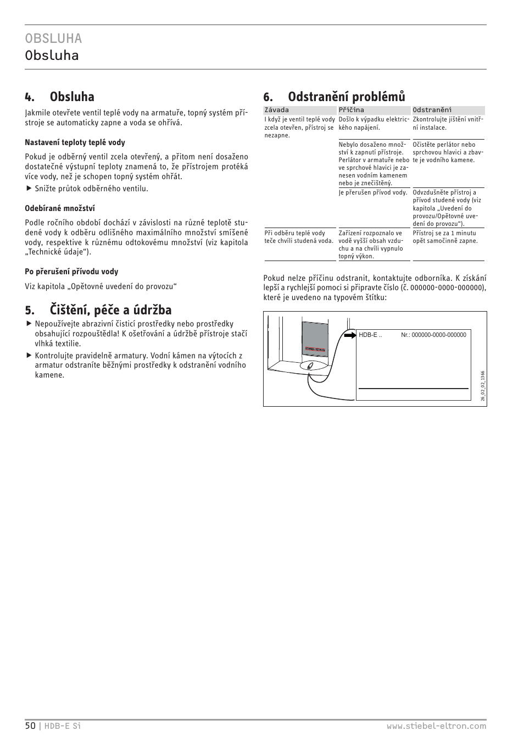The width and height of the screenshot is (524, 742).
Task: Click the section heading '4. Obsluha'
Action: (59, 97)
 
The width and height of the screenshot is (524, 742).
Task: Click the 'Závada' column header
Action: (276, 110)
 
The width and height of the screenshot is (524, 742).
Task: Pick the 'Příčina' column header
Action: (351, 110)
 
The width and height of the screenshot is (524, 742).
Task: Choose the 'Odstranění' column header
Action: (432, 110)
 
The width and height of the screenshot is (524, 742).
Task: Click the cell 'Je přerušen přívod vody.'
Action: (373, 193)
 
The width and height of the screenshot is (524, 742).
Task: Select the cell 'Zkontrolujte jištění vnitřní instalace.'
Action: (448, 123)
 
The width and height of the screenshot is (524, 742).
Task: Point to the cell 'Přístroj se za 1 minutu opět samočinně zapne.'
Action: (445, 237)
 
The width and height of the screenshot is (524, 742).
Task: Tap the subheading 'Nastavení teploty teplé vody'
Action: (75, 142)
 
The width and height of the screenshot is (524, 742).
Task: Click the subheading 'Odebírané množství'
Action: (60, 208)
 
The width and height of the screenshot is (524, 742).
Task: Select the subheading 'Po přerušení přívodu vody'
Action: (71, 272)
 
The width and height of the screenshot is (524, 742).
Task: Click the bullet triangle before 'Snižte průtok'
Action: (29, 189)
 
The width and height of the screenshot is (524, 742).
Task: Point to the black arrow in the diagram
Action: (350, 334)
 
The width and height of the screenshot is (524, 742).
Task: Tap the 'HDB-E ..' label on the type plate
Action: (370, 335)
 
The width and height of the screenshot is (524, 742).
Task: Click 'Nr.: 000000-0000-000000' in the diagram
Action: (433, 335)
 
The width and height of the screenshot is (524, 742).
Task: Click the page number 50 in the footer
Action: (30, 726)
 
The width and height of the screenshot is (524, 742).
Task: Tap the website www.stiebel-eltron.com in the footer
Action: (436, 726)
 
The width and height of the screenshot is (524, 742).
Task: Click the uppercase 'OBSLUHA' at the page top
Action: (53, 38)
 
